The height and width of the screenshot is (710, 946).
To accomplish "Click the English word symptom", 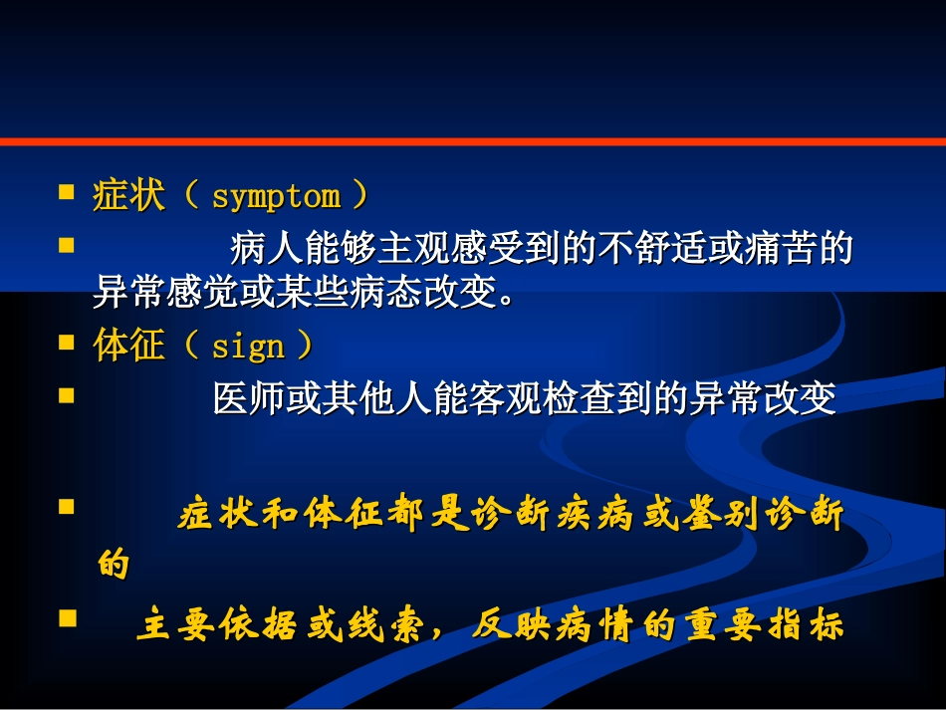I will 276,196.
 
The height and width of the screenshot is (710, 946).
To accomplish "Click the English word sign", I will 248,347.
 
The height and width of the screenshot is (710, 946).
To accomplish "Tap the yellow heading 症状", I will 129,195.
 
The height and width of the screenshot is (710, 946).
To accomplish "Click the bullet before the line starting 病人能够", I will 67,243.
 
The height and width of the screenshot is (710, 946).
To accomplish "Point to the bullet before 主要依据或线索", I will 67,618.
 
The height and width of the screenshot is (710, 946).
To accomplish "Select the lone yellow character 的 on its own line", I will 114,565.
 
